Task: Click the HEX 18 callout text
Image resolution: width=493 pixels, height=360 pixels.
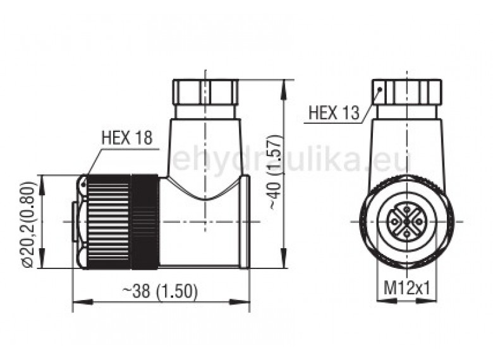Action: tap(126, 138)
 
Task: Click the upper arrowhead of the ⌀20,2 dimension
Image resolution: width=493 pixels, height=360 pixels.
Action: tap(43, 179)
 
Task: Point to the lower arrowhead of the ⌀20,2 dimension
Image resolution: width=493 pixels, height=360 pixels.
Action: tap(43, 263)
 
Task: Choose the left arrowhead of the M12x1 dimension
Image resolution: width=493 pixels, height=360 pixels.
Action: tap(380, 300)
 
